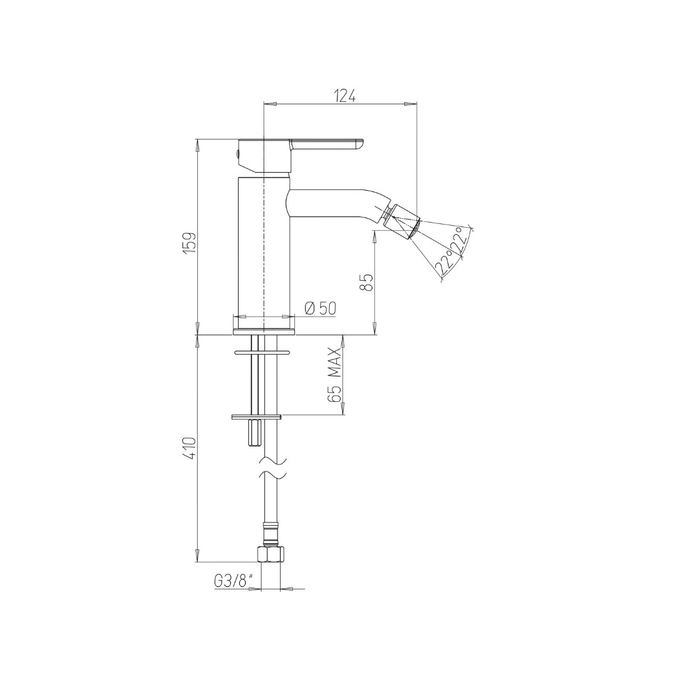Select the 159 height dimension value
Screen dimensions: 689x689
click(x=189, y=242)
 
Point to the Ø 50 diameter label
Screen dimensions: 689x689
click(x=320, y=309)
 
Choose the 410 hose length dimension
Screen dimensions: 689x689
click(x=190, y=448)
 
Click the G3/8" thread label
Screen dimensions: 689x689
click(x=234, y=581)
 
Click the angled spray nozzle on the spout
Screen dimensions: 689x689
click(x=402, y=221)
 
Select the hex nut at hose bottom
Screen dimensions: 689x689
click(x=269, y=554)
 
